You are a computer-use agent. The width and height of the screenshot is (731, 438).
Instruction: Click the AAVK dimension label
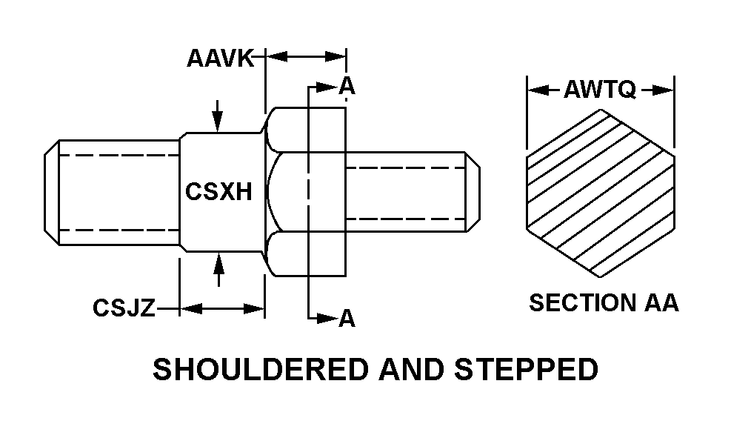click(220, 59)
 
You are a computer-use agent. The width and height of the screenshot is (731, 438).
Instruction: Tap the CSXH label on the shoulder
click(218, 192)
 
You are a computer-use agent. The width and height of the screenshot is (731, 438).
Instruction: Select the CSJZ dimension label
click(124, 308)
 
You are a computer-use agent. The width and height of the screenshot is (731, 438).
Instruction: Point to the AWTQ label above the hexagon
click(600, 90)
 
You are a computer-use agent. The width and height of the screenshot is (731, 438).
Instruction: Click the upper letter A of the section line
click(347, 87)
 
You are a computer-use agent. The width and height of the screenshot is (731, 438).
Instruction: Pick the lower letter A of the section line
click(347, 319)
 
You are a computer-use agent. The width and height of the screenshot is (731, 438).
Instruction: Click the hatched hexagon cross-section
click(600, 193)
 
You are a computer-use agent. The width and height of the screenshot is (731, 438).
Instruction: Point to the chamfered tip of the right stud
click(473, 192)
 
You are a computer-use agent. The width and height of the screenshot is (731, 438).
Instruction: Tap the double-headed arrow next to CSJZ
click(221, 308)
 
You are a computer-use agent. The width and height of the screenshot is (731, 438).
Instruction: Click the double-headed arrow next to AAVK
click(305, 56)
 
